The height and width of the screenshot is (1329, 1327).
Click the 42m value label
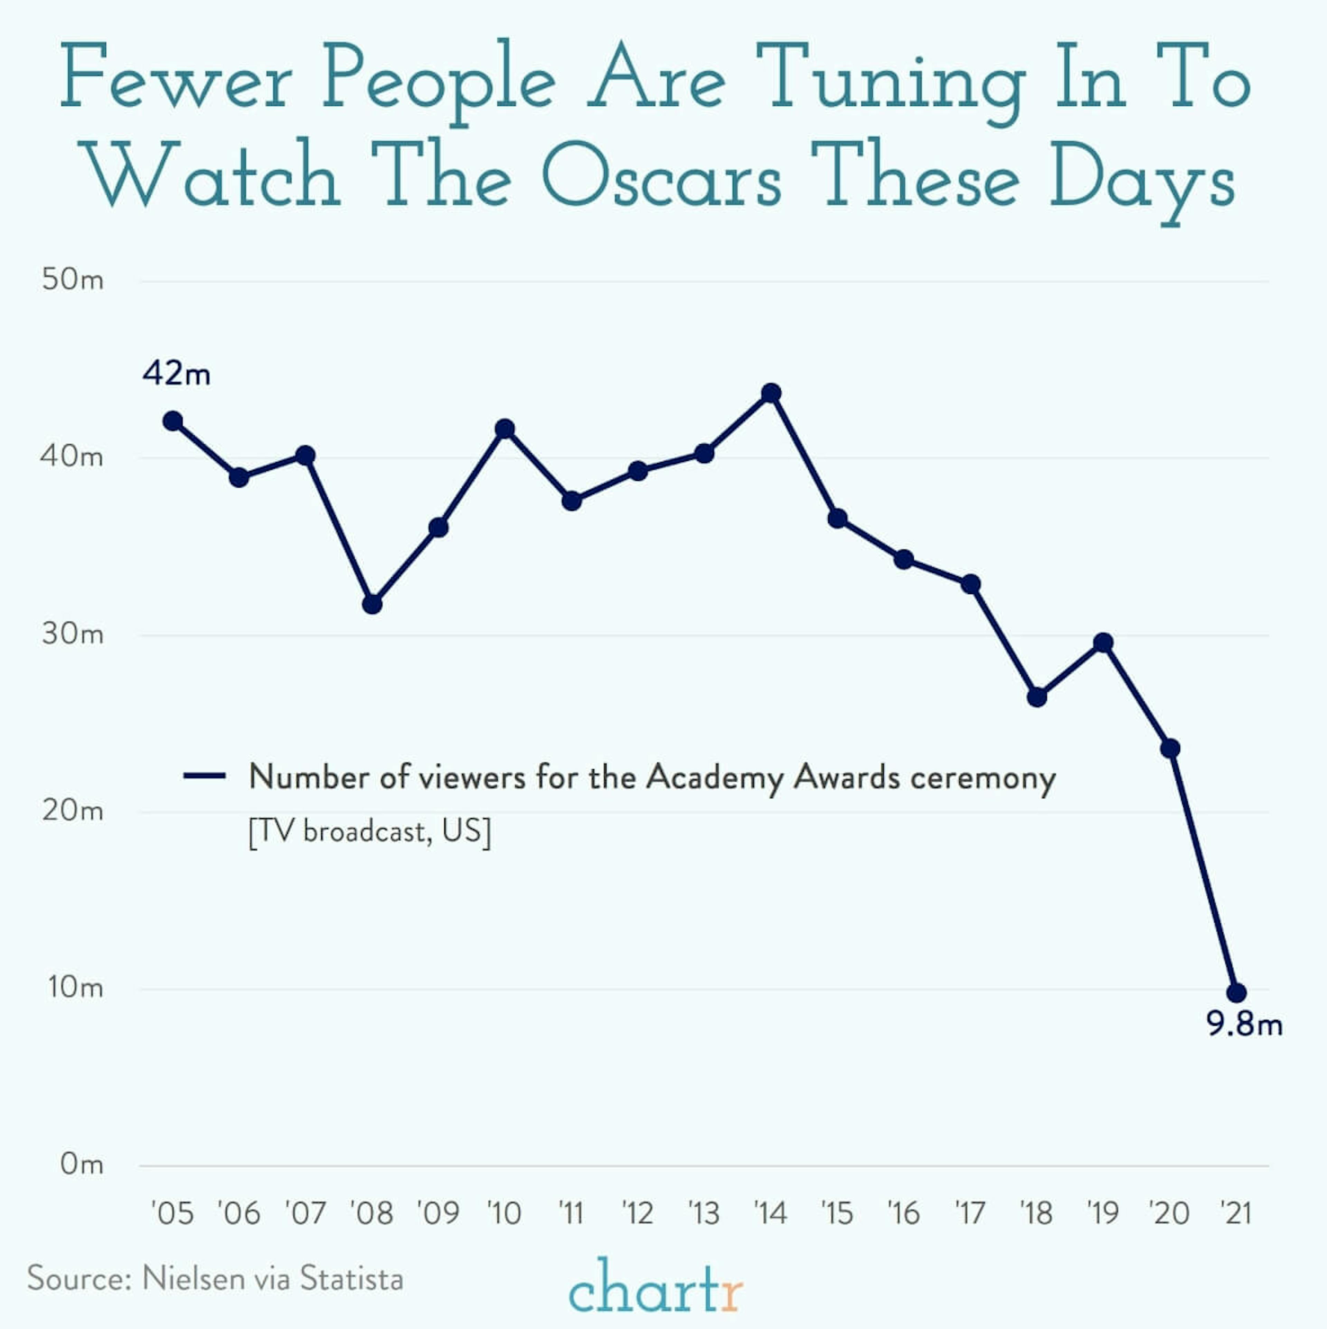(176, 374)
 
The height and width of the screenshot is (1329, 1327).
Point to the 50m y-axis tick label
(72, 280)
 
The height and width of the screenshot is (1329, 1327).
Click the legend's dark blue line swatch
(204, 776)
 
